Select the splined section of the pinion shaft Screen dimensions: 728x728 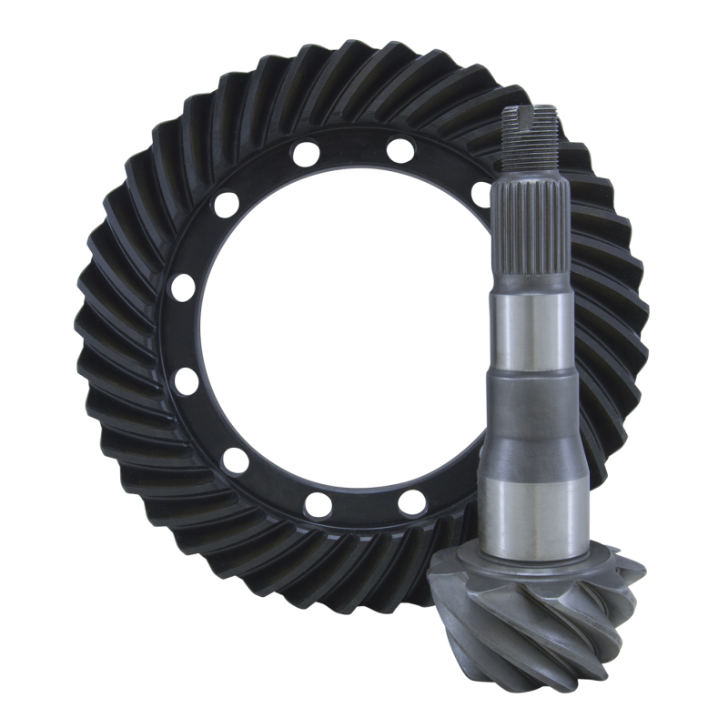pyautogui.click(x=529, y=237)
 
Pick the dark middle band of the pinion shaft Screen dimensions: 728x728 pyautogui.click(x=529, y=400)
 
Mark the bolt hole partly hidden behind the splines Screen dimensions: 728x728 pyautogui.click(x=480, y=194)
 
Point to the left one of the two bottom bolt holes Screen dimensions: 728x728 pyautogui.click(x=318, y=503)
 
